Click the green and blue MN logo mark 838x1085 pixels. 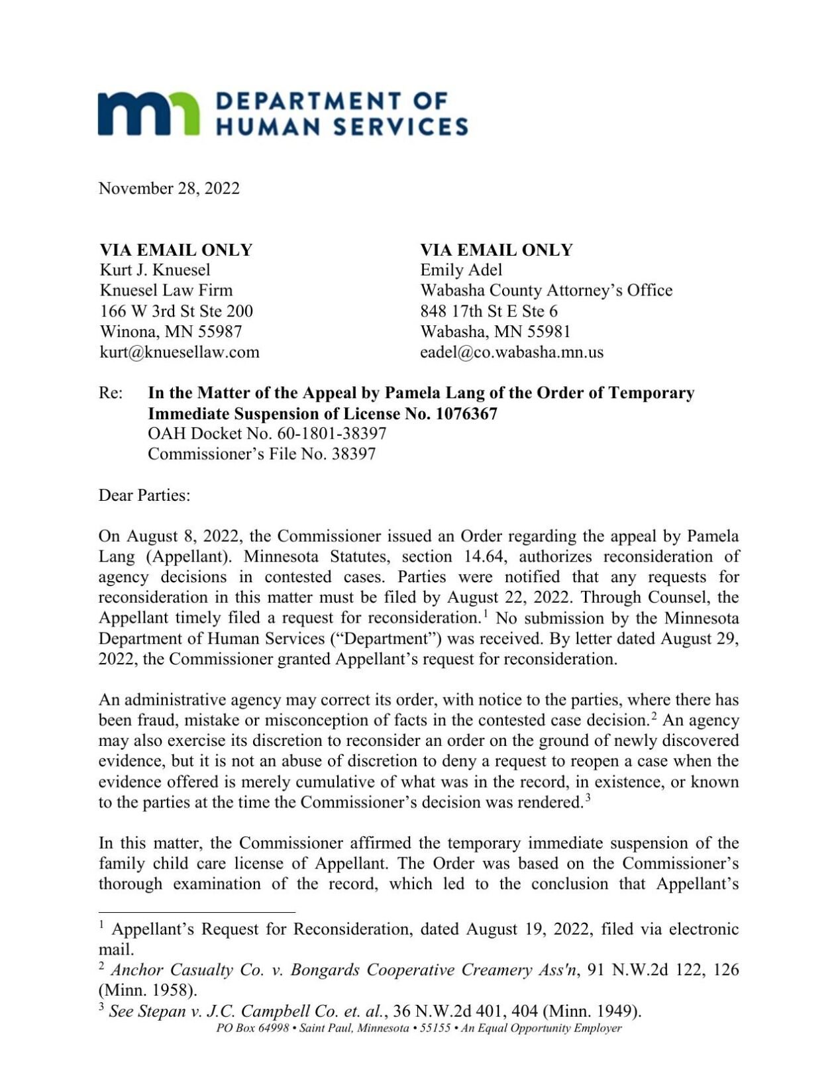[x=148, y=114]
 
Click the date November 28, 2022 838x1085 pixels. [x=169, y=189]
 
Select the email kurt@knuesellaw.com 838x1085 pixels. [x=180, y=352]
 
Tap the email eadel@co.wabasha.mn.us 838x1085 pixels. [x=511, y=352]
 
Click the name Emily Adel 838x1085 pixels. [x=461, y=270]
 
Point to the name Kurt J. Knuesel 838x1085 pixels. [x=155, y=270]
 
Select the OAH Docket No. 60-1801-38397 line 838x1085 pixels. [x=267, y=434]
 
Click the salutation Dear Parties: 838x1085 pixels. [x=144, y=495]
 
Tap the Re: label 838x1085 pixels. [x=111, y=393]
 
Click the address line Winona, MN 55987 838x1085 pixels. [x=171, y=331]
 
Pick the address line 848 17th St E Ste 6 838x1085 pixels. [x=489, y=311]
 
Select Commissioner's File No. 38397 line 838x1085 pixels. [x=262, y=454]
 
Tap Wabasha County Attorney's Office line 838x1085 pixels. [x=546, y=290]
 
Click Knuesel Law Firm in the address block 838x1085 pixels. [x=166, y=290]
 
